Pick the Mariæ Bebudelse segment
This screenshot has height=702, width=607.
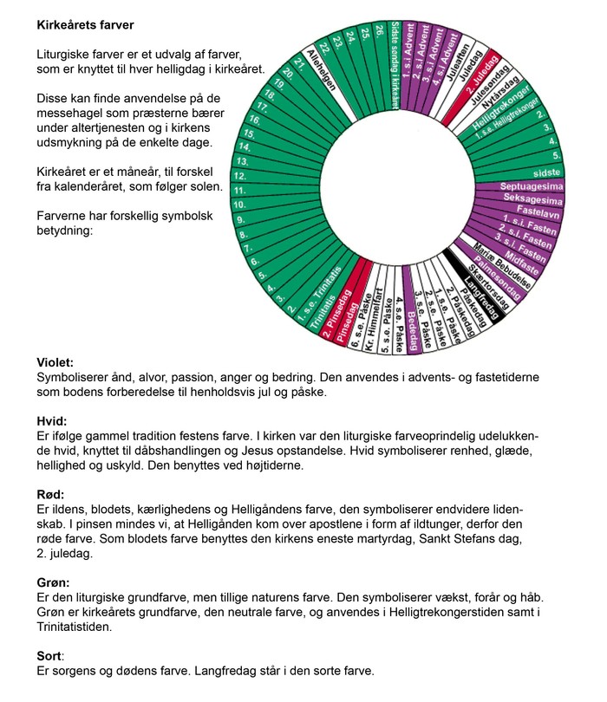[508, 264]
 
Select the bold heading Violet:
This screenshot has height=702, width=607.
[55, 363]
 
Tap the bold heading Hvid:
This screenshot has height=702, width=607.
[52, 421]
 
